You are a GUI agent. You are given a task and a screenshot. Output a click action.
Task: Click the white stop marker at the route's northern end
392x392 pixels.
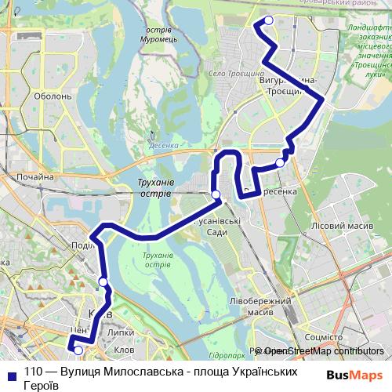pos(268,20)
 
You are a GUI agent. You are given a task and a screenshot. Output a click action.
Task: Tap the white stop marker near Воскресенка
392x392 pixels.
pos(280,162)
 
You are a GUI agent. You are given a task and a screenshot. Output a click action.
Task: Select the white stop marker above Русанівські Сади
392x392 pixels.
pos(216,194)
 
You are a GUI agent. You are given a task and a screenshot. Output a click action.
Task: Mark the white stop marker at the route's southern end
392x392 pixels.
pos(78,350)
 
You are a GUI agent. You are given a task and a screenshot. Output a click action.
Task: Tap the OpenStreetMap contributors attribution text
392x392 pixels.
pos(321,351)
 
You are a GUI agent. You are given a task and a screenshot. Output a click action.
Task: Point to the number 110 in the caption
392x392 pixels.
pos(33,372)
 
